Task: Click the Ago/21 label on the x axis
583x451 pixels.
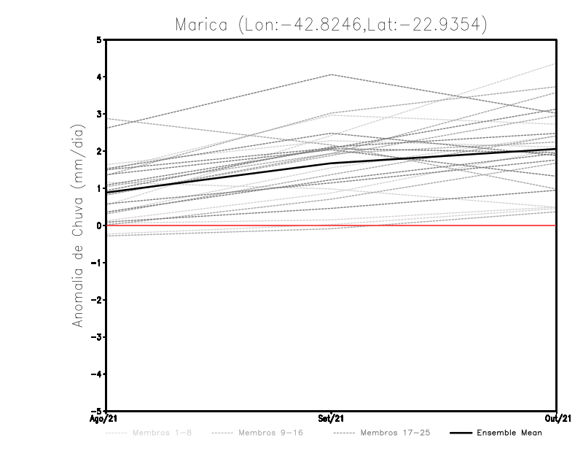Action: pos(103,418)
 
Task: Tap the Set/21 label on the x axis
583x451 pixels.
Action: pos(332,418)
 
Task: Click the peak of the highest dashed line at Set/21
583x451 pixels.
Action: pos(332,74)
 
